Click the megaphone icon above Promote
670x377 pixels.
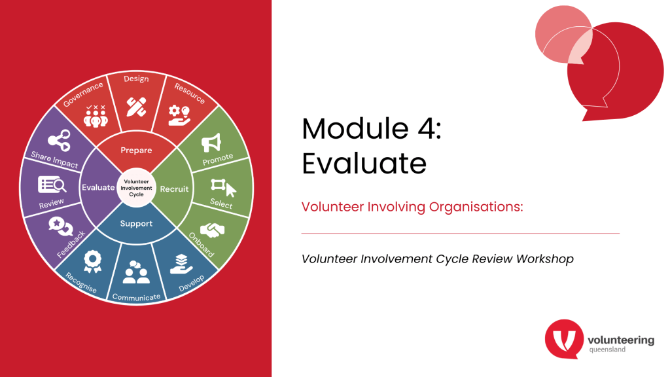211,143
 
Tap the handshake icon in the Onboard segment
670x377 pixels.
213,230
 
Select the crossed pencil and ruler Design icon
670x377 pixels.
136,107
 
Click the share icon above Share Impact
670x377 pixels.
59,140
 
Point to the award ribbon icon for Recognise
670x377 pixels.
92,261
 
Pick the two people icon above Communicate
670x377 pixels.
136,272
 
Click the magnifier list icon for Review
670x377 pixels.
52,185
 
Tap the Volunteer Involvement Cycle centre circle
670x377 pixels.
136,188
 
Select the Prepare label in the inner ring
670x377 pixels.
136,151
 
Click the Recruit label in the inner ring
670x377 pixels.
174,189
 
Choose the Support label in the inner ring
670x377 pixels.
136,224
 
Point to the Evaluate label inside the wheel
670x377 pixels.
98,187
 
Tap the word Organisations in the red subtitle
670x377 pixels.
476,207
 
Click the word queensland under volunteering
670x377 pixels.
607,350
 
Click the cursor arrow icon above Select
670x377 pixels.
231,190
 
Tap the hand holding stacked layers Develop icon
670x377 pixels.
181,264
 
